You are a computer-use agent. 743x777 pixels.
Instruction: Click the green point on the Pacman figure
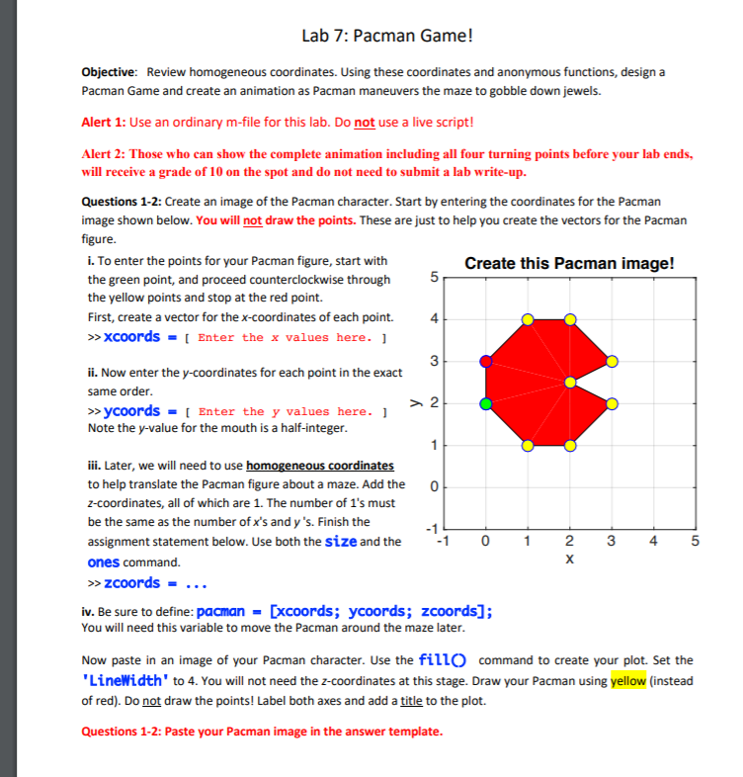485,403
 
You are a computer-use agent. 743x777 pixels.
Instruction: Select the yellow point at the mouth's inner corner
570,382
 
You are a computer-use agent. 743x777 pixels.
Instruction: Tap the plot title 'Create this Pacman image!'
569,264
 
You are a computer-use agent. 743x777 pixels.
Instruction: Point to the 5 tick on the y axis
433,278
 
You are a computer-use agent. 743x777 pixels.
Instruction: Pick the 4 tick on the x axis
653,541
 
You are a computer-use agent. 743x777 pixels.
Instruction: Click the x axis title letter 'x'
569,560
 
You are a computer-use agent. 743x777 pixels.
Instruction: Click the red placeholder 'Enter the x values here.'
285,337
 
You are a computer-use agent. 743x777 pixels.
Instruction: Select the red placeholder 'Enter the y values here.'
285,411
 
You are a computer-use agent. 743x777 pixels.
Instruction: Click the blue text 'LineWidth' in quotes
127,681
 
